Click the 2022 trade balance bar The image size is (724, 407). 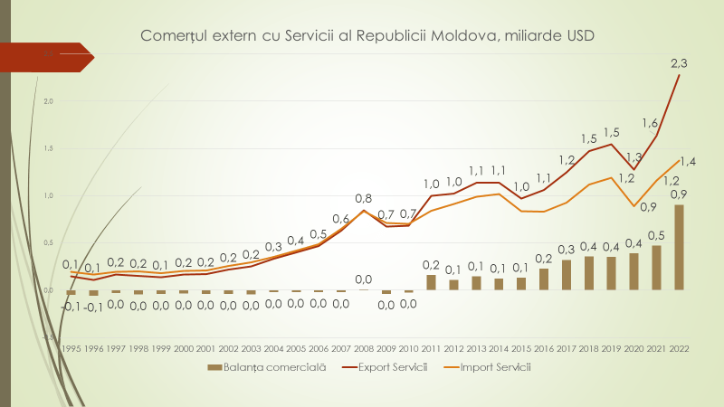click(679, 247)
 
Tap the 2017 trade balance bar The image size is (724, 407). click(567, 275)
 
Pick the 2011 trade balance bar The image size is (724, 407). click(432, 282)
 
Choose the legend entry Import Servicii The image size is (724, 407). click(494, 367)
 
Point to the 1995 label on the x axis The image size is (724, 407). click(72, 347)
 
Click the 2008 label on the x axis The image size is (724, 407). click(364, 347)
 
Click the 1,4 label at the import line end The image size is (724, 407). click(688, 162)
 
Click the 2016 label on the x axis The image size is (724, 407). click(544, 347)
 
